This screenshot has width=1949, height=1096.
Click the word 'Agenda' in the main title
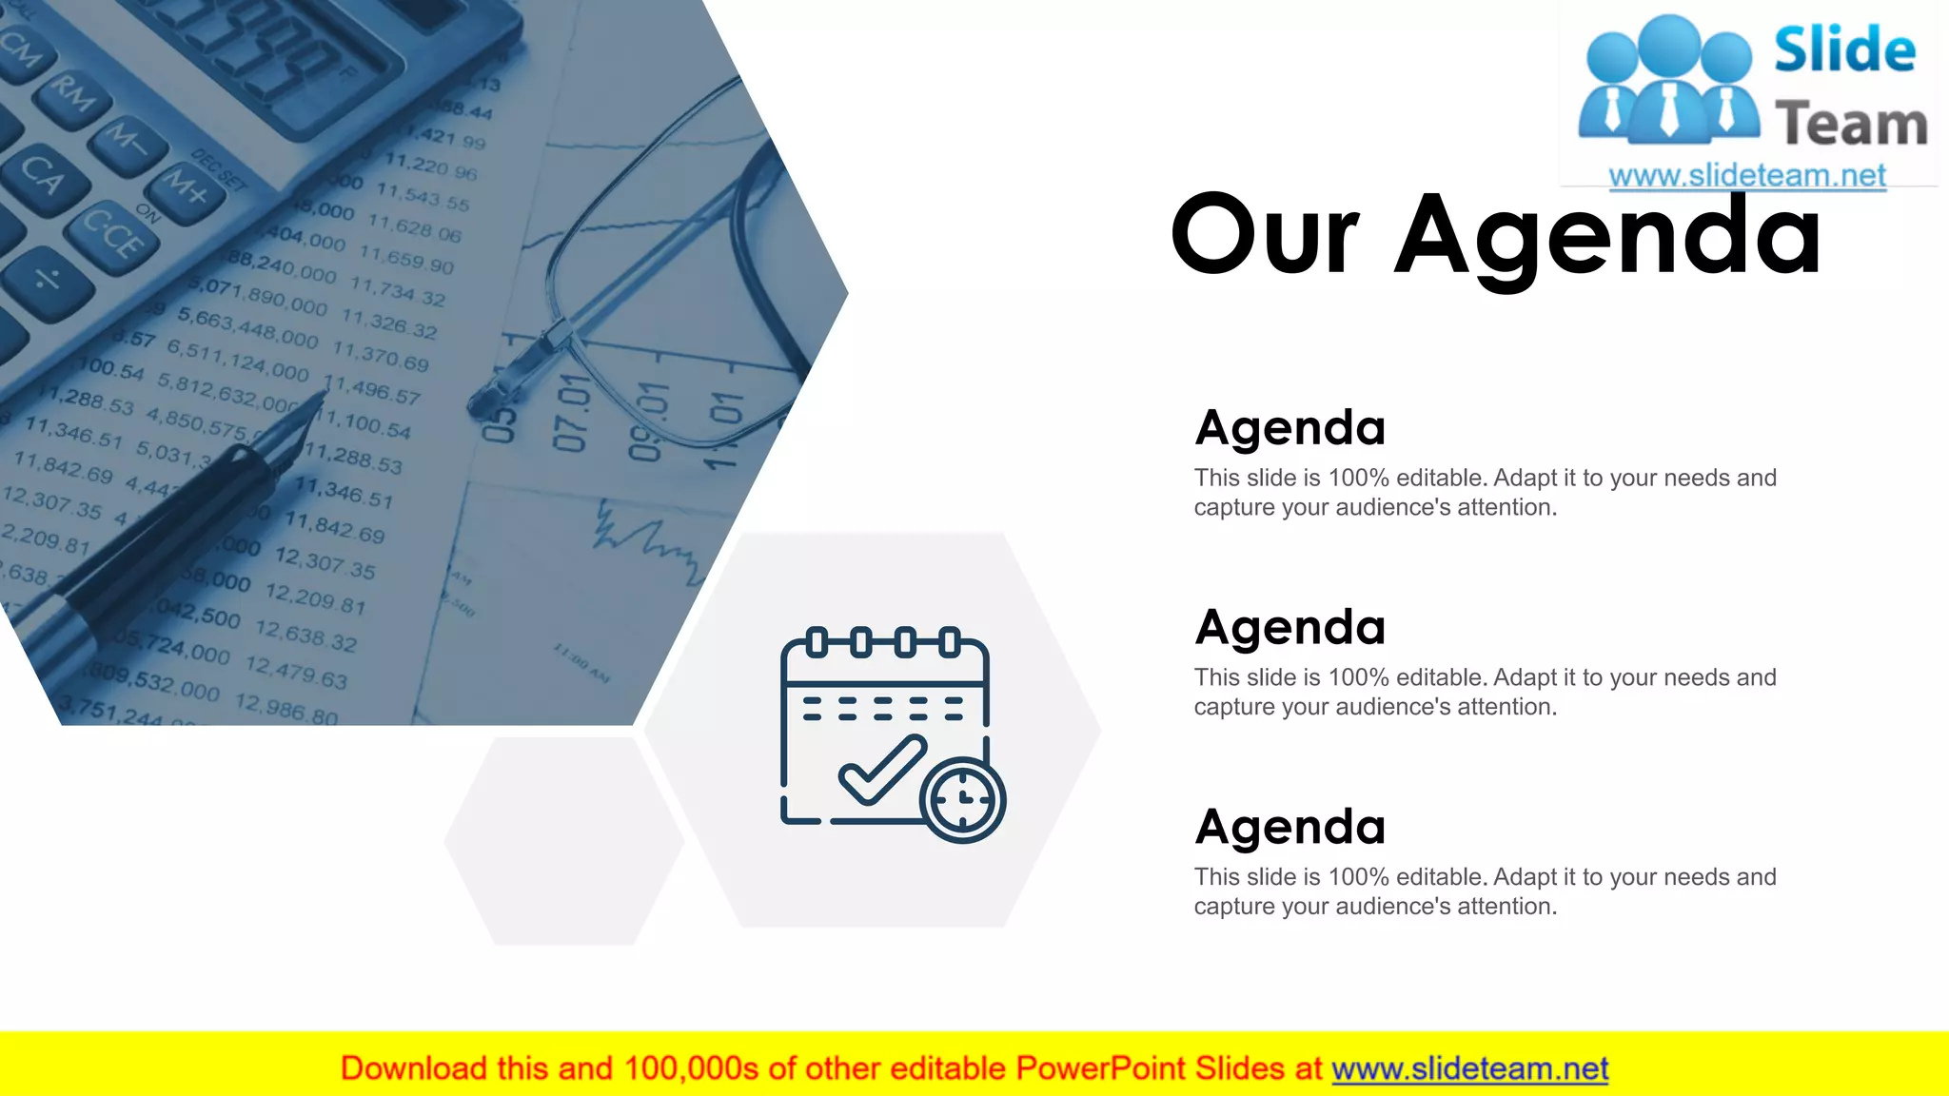click(x=1608, y=236)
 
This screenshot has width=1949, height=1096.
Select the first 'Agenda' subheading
click(x=1289, y=428)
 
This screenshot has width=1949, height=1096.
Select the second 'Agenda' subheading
click(x=1289, y=628)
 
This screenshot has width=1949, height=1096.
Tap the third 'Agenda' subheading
click(x=1289, y=828)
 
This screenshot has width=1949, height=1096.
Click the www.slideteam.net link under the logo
click(x=1746, y=176)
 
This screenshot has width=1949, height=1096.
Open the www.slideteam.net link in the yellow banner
click(x=1469, y=1069)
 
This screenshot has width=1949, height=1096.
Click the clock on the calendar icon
click(x=963, y=800)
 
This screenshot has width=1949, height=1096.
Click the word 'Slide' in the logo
click(x=1844, y=50)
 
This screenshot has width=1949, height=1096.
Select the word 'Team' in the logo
click(x=1851, y=125)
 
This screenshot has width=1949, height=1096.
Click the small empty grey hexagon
click(x=564, y=841)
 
